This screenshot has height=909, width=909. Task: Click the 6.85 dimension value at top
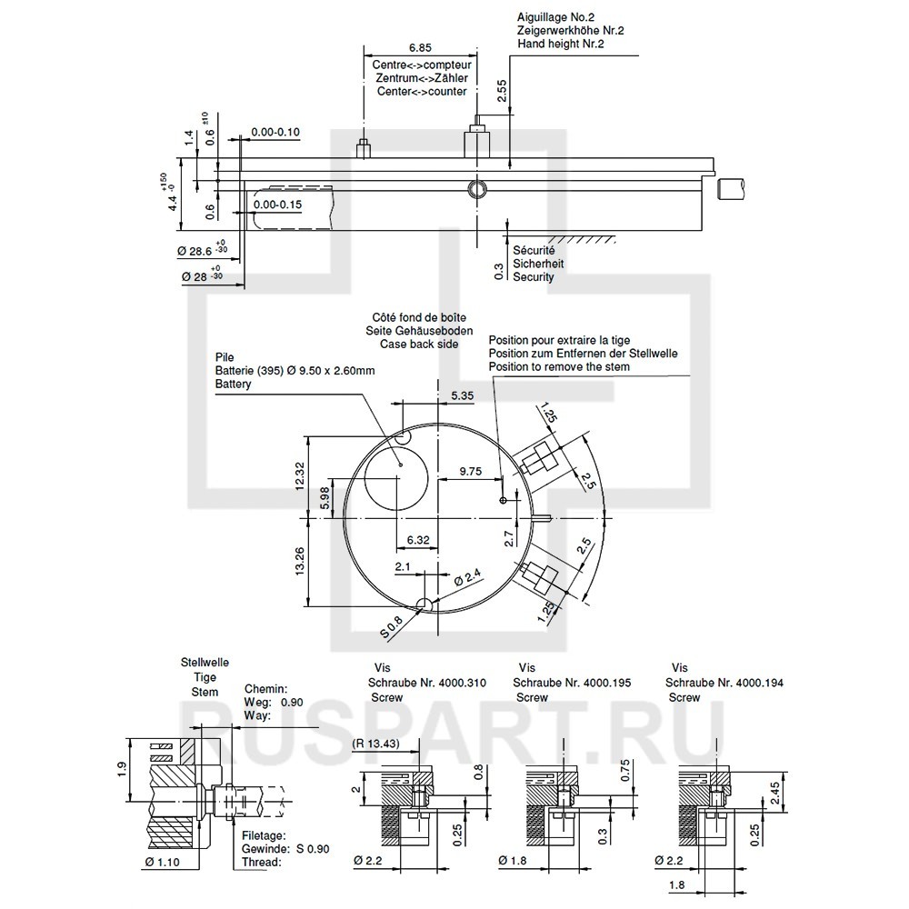419,46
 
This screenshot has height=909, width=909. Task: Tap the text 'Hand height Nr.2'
561,43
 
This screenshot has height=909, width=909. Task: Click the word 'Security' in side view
533,277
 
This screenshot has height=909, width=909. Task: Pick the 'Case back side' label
419,345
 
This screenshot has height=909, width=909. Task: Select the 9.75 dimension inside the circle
472,471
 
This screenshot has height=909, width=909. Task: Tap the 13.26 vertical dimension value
301,561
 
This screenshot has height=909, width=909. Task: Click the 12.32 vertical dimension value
301,475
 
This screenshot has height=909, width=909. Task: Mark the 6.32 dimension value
418,540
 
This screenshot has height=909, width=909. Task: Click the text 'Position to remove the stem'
558,366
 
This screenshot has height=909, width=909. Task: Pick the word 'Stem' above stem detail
205,692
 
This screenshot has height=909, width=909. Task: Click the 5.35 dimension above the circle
463,395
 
